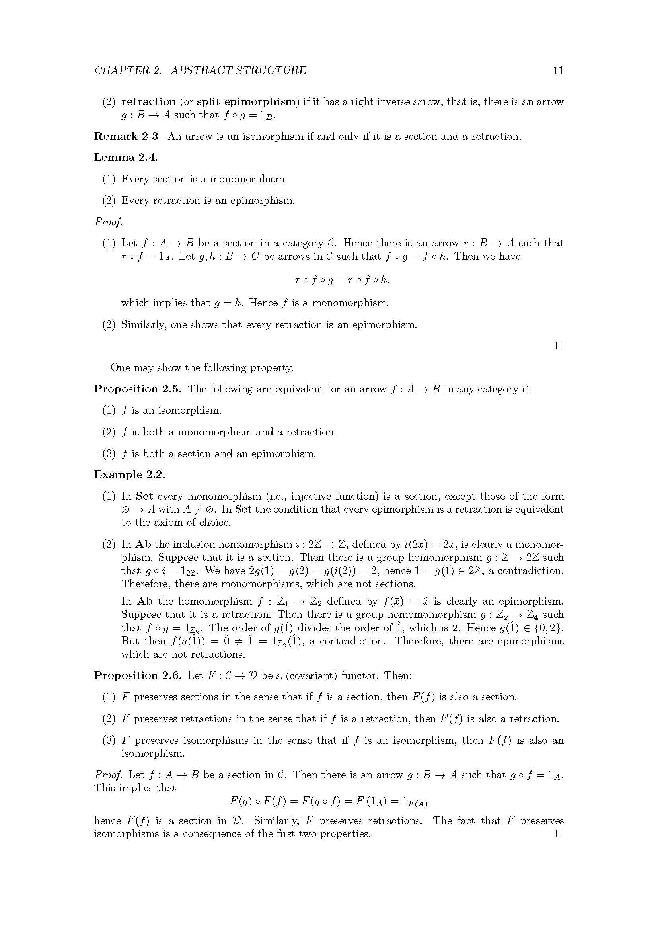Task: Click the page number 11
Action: (x=558, y=70)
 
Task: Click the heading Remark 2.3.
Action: (x=128, y=136)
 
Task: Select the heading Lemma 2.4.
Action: (x=126, y=157)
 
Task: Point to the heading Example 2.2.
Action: (x=130, y=474)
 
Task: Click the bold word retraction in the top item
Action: (x=148, y=101)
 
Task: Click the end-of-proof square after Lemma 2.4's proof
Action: (x=560, y=346)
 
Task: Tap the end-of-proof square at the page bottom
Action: (x=560, y=834)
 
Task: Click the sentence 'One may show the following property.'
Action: (x=202, y=367)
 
